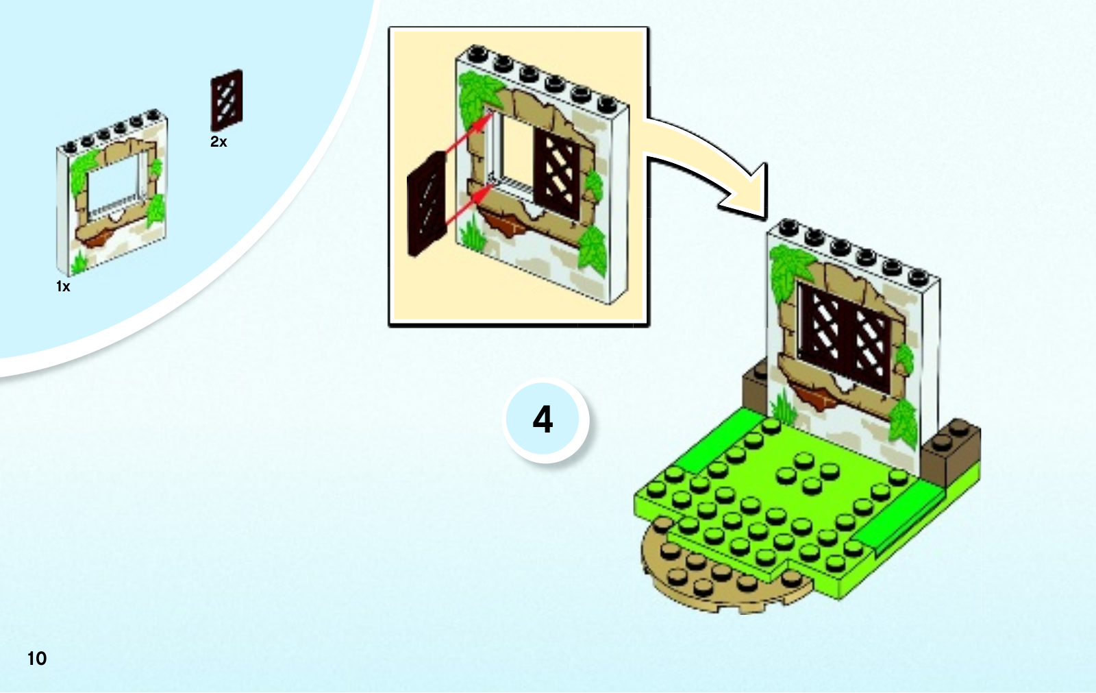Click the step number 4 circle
545,420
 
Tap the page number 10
37,659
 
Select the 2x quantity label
219,142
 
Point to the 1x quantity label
63,287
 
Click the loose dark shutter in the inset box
426,204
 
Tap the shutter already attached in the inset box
556,175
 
